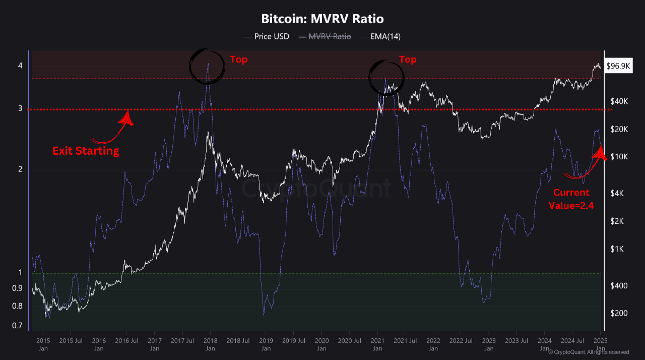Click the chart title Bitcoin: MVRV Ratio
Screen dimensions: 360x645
[322, 19]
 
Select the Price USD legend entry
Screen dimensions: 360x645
[267, 36]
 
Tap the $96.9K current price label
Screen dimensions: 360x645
[618, 66]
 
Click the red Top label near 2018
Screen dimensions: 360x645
[239, 59]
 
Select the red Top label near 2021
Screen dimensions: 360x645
[408, 59]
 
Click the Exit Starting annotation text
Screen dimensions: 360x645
[86, 151]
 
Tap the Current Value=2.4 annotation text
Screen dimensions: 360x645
[571, 199]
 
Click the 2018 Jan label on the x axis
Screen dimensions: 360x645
[210, 344]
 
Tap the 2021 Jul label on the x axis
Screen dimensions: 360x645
[406, 344]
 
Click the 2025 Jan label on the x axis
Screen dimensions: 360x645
[600, 344]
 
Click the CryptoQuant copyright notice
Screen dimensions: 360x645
[589, 352]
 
